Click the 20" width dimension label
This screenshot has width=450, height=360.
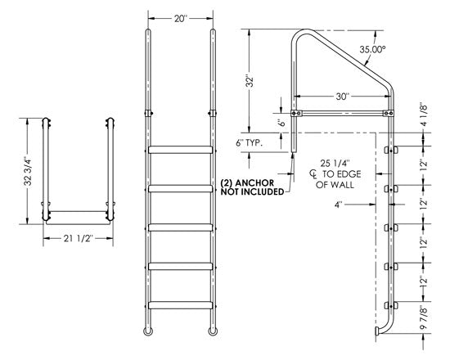(180, 19)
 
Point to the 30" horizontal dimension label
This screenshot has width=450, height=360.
(345, 97)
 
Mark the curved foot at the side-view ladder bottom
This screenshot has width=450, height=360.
(376, 333)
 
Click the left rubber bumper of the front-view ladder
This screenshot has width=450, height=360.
(147, 331)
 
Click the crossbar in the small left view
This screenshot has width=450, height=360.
(77, 211)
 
